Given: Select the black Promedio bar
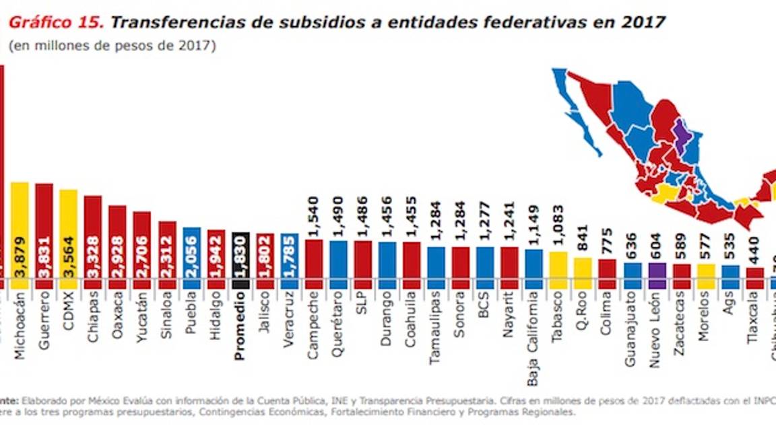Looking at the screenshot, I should tap(240, 261).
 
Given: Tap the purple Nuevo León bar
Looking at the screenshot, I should tap(657, 276).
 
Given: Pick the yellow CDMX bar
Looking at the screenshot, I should tap(69, 239).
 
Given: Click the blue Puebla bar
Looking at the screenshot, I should tap(191, 258).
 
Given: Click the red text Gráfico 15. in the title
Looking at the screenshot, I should tap(55, 22).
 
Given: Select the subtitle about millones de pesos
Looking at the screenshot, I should tap(112, 46).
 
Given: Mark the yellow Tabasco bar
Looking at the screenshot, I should tap(559, 270).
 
